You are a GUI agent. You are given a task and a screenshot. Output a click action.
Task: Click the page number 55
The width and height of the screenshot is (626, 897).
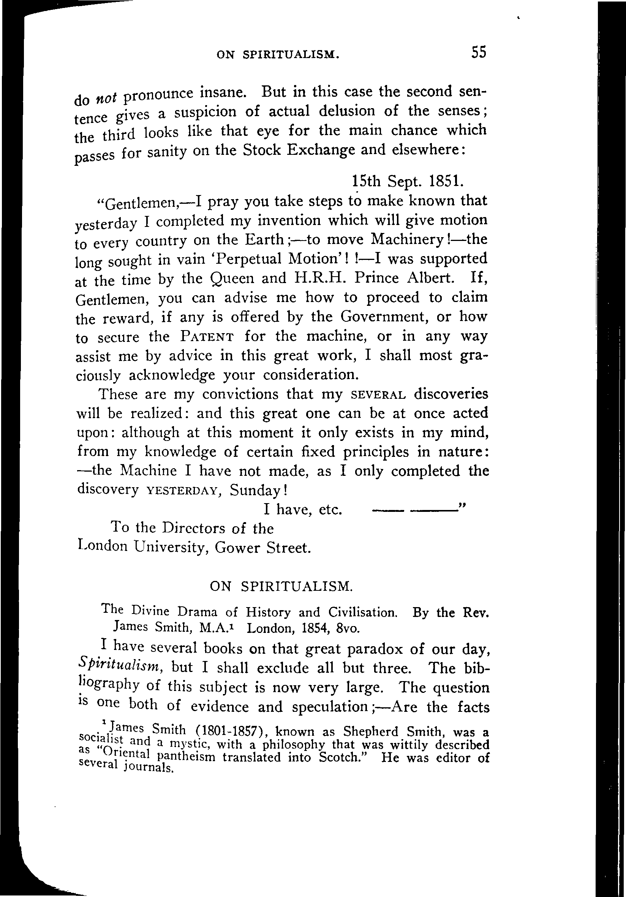[x=478, y=52]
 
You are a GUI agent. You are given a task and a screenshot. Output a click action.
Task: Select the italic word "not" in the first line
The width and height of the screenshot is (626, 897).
[x=106, y=98]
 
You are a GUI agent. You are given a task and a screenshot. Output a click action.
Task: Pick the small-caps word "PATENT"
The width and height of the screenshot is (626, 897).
[x=207, y=337]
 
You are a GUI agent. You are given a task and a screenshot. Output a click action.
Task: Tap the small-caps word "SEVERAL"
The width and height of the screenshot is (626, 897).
[x=378, y=395]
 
